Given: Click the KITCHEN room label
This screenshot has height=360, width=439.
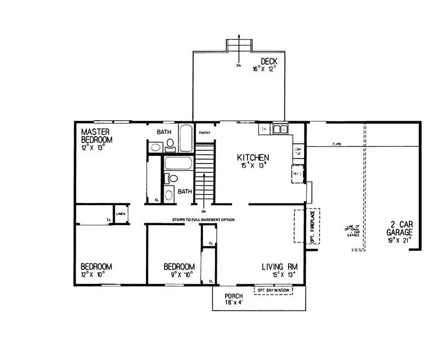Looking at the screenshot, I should tap(250, 157).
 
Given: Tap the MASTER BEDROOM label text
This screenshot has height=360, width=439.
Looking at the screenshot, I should tap(97, 135).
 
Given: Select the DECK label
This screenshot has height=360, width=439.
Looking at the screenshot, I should tap(269, 61).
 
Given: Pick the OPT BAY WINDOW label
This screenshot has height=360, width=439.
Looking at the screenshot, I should tap(273, 289).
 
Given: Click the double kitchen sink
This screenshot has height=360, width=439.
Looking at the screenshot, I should tap(280, 130).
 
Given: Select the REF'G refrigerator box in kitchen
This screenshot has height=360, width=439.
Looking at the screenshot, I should tap(299, 174).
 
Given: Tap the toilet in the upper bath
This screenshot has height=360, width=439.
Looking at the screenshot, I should tap(170, 144).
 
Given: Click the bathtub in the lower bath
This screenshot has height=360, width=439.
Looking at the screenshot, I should tap(178, 164).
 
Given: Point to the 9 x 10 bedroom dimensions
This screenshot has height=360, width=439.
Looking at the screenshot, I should tap(179, 273).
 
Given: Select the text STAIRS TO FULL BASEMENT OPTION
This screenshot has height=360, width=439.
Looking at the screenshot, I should tap(203, 220).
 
